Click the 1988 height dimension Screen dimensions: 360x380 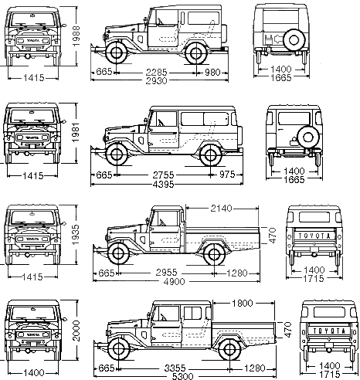pos(76,36)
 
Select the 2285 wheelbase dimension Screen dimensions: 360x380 pos(157,72)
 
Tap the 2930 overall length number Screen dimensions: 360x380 pos(156,80)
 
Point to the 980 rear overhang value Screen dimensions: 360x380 pos(212,73)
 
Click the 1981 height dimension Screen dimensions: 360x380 pos(76,132)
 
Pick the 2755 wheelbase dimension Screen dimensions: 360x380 pos(164,175)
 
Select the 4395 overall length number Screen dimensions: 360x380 pos(163,185)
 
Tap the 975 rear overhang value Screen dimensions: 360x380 pos(227,175)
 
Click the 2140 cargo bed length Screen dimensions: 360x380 pos(222,208)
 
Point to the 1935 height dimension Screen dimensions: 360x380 pos(76,235)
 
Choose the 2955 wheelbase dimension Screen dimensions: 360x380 pos(166,273)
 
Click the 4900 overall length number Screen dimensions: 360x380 pos(175,281)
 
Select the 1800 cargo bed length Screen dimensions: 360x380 pos(243,303)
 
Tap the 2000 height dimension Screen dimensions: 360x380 pos(76,331)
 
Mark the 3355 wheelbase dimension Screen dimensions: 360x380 pos(175,368)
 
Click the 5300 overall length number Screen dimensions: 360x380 pos(182,376)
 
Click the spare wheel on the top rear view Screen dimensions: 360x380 pos(294,40)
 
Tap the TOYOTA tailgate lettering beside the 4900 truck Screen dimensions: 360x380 pos(314,236)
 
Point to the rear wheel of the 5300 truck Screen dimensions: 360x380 pos(229,349)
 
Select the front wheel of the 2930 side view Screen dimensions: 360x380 pos(117,53)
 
